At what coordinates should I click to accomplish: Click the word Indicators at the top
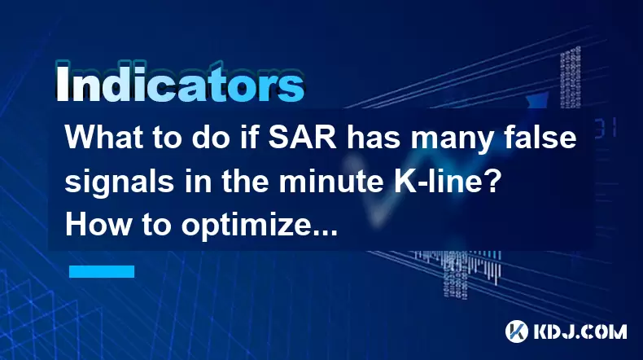(x=180, y=83)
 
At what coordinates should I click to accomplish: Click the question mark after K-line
(x=494, y=181)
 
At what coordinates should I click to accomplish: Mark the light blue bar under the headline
(x=102, y=271)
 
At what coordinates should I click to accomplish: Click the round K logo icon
(x=517, y=331)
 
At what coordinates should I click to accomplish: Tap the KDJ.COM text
(x=580, y=331)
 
